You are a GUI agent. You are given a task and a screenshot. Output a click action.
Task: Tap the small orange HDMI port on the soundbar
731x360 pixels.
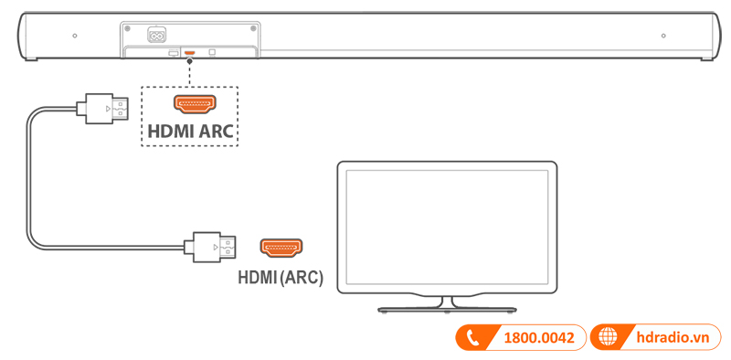pyautogui.click(x=189, y=52)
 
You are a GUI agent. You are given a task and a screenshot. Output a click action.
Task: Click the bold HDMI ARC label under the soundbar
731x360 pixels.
pyautogui.click(x=189, y=132)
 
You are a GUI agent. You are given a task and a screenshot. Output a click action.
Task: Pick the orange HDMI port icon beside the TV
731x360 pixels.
pyautogui.click(x=281, y=247)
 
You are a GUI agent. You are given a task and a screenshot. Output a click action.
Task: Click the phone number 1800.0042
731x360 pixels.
pyautogui.click(x=538, y=338)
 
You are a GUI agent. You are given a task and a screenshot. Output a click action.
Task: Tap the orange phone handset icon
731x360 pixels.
pyautogui.click(x=473, y=338)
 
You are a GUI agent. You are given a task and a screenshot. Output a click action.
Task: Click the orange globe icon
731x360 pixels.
pyautogui.click(x=608, y=338)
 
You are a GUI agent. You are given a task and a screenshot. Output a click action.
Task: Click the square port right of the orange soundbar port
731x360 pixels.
pyautogui.click(x=213, y=52)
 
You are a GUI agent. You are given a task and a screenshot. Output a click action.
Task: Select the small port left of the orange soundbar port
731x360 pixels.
pyautogui.click(x=173, y=53)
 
